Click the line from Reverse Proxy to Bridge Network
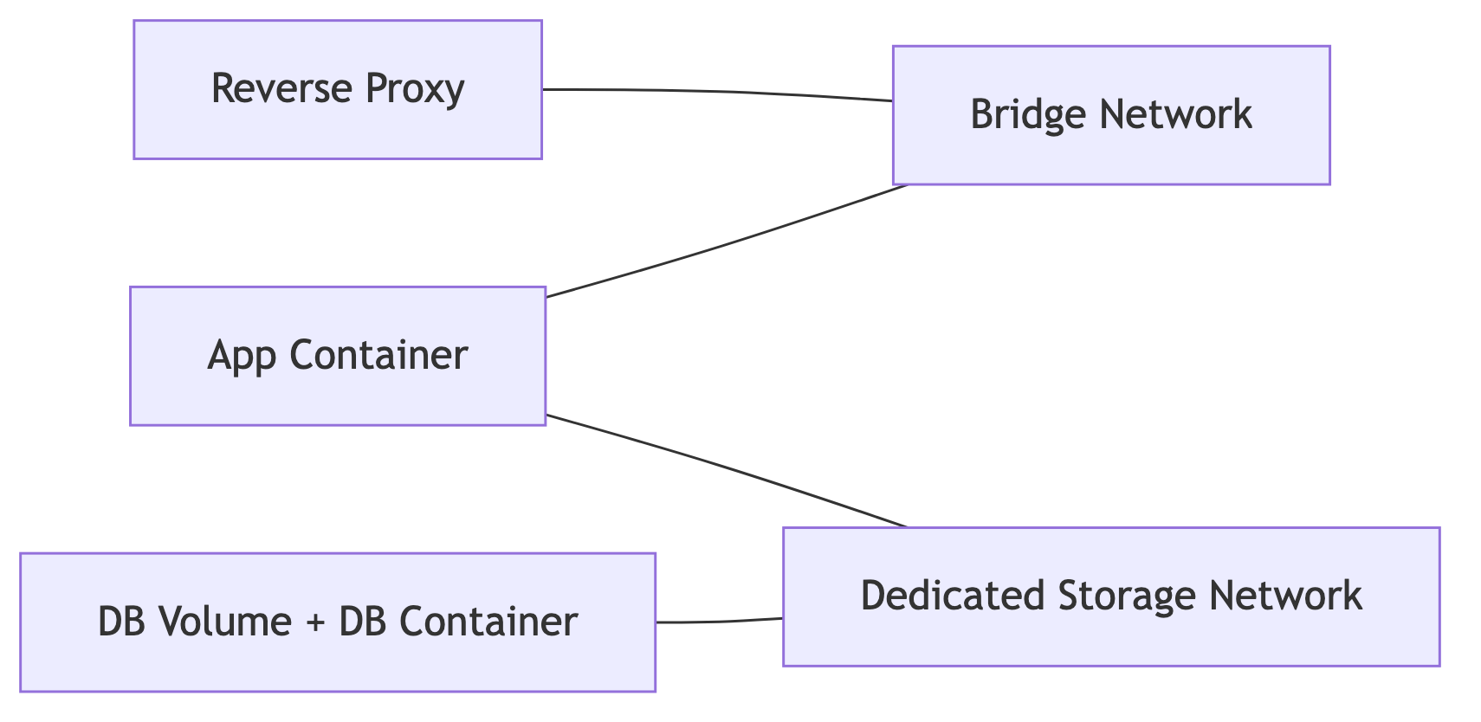(x=719, y=92)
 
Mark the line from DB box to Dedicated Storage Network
(x=719, y=621)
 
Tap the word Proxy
(x=415, y=90)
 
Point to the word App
(x=242, y=357)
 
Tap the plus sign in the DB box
(x=316, y=623)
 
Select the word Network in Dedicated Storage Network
(x=1285, y=596)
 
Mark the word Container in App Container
(x=378, y=355)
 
